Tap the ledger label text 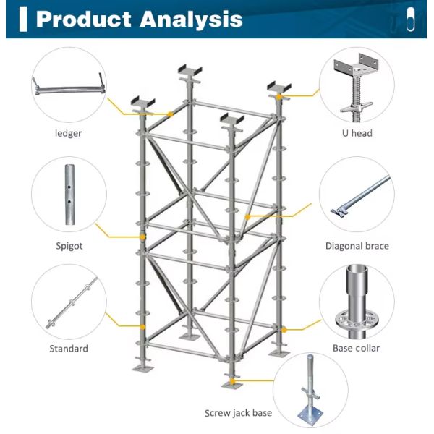point(68,133)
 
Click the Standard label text point(69,349)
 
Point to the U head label point(357,133)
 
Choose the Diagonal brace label point(357,246)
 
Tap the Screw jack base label point(238,413)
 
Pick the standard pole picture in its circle point(69,303)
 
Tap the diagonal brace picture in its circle point(357,199)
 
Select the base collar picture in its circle point(357,304)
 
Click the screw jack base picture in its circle point(312,391)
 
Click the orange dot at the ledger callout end point(170,114)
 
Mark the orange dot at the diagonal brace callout point(247,216)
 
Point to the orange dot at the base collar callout point(284,330)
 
